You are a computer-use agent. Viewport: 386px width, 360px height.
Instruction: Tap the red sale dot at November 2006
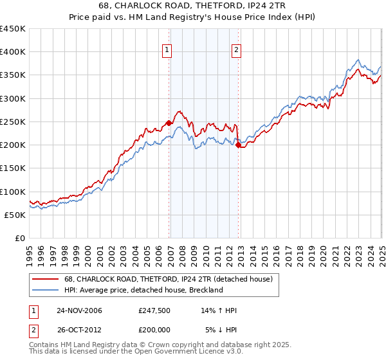169,123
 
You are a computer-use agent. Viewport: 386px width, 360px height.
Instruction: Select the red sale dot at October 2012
238,145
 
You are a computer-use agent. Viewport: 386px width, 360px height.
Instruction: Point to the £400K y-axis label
12,52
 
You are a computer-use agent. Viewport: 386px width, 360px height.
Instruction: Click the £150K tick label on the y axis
12,168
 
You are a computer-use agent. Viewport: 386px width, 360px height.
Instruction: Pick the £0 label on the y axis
19,238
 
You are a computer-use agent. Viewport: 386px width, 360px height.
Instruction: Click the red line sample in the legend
46,279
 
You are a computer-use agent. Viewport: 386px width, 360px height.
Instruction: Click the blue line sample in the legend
46,290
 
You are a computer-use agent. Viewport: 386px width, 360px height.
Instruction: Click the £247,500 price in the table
154,310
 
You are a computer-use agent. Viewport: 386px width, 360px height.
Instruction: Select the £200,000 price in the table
154,330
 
